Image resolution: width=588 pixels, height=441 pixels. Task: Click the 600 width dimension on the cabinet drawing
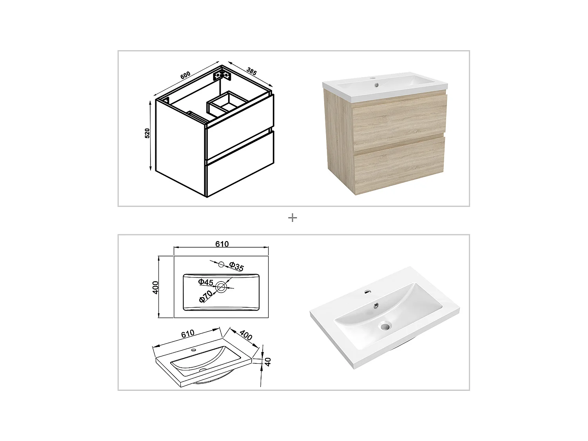tap(185, 75)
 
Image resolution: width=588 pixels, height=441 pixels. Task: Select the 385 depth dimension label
tap(251, 72)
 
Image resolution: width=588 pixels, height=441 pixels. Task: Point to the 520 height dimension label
tap(147, 133)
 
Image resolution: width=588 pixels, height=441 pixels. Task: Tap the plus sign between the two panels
tap(292, 218)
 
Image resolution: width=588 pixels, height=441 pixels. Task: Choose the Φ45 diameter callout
tap(205, 282)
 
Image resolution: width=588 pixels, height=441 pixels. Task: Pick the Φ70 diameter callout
tap(205, 296)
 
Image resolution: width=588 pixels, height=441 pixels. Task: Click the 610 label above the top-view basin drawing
tap(222, 244)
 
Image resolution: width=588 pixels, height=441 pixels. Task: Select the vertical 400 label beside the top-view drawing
tap(155, 287)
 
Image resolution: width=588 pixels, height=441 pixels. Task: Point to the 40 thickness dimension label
tap(268, 361)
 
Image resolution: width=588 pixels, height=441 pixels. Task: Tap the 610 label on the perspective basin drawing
tap(188, 334)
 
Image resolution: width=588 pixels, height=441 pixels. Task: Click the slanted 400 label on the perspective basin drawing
tap(246, 335)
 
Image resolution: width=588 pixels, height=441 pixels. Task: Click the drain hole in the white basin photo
tap(386, 325)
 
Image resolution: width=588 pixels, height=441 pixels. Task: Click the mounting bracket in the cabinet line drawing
tap(221, 75)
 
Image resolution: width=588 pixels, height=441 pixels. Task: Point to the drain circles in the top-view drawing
tap(221, 288)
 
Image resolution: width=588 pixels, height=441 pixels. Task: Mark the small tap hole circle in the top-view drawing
tap(221, 265)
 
